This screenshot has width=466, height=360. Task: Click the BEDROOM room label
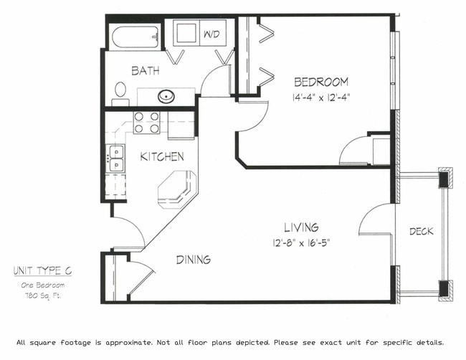[320, 82]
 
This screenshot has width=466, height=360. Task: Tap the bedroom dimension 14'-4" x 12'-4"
[320, 96]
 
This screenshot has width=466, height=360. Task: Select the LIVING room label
[300, 227]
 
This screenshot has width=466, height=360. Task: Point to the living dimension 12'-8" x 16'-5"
[300, 242]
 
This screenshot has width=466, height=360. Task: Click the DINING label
[193, 260]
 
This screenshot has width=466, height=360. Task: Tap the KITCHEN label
[161, 156]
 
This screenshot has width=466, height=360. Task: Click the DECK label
[421, 231]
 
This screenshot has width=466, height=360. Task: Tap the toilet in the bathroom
[120, 93]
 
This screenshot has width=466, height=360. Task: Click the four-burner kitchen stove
[146, 123]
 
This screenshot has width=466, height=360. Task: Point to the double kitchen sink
[115, 158]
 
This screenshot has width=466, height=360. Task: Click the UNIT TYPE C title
[42, 271]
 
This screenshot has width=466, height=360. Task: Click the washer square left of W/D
[186, 34]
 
